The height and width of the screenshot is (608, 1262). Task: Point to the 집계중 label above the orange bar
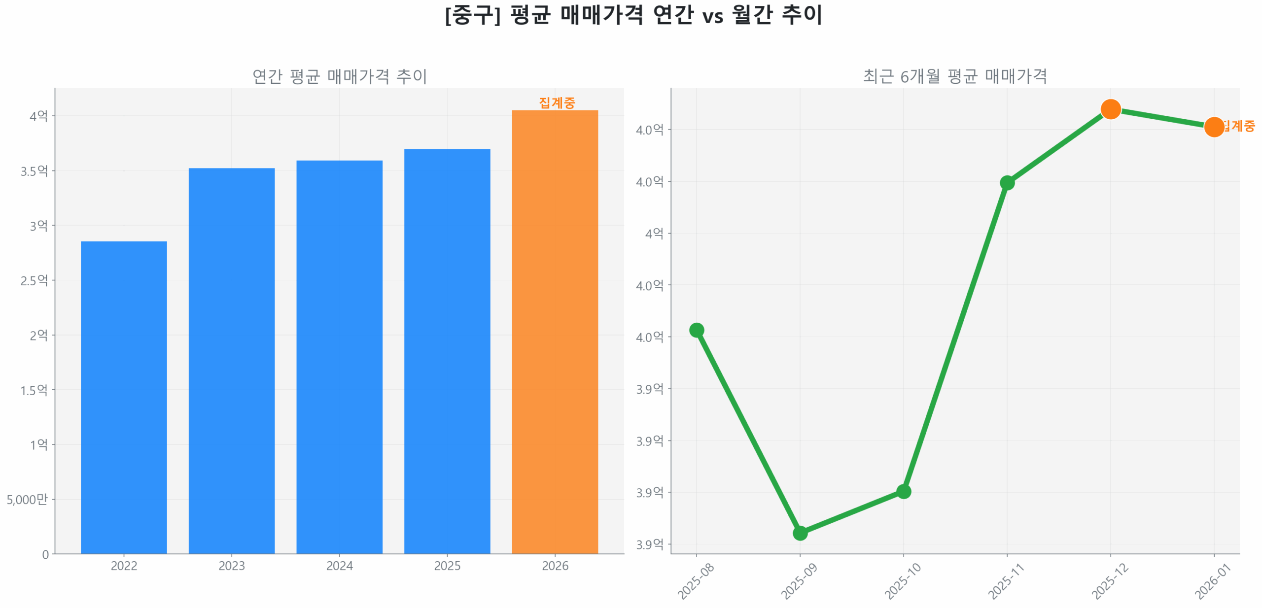(x=557, y=102)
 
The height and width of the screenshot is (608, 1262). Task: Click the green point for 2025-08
(x=696, y=330)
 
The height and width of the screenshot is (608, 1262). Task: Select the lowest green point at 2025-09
(x=800, y=533)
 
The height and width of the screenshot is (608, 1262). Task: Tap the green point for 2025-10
(x=903, y=491)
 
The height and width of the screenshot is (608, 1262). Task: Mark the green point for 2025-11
(x=1007, y=183)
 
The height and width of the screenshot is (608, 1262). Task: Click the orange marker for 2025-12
(x=1110, y=109)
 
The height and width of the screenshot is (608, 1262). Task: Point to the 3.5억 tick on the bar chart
(x=34, y=171)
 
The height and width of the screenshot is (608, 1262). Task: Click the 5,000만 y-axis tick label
(x=27, y=499)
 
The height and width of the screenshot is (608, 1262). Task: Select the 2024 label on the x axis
(x=339, y=566)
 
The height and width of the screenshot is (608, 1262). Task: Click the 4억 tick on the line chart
(x=654, y=233)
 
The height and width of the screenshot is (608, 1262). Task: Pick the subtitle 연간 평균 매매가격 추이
(x=339, y=76)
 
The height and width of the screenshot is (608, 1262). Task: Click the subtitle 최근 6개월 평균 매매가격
(x=954, y=76)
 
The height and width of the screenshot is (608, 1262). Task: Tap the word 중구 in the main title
(x=472, y=15)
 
